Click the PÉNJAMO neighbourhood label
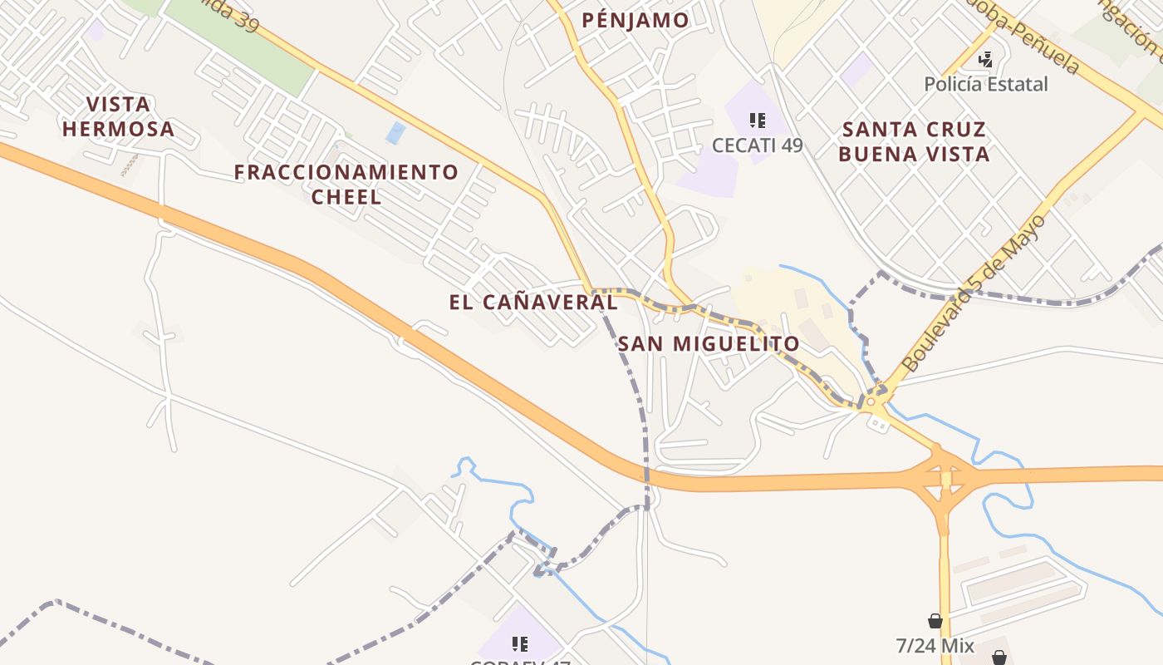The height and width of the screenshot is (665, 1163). (x=635, y=20)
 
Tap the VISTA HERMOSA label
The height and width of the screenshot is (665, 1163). (x=118, y=116)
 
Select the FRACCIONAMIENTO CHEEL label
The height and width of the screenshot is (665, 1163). (x=346, y=185)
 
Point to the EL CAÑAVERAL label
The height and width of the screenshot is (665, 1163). (x=532, y=302)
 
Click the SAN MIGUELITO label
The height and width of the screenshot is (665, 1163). (x=709, y=343)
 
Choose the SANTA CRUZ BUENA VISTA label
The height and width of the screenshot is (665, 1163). (x=914, y=141)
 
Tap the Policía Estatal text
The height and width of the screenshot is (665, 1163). (x=986, y=84)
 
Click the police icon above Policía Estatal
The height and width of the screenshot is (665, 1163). (x=986, y=60)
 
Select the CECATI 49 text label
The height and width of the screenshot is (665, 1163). (x=757, y=145)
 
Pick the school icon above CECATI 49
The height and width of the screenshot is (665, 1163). (x=757, y=121)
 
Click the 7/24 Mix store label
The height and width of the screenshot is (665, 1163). (x=935, y=645)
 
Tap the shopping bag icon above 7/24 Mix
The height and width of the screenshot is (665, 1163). (x=935, y=621)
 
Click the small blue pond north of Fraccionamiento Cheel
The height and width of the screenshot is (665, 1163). (x=396, y=132)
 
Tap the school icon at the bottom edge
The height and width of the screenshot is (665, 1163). (x=520, y=644)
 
